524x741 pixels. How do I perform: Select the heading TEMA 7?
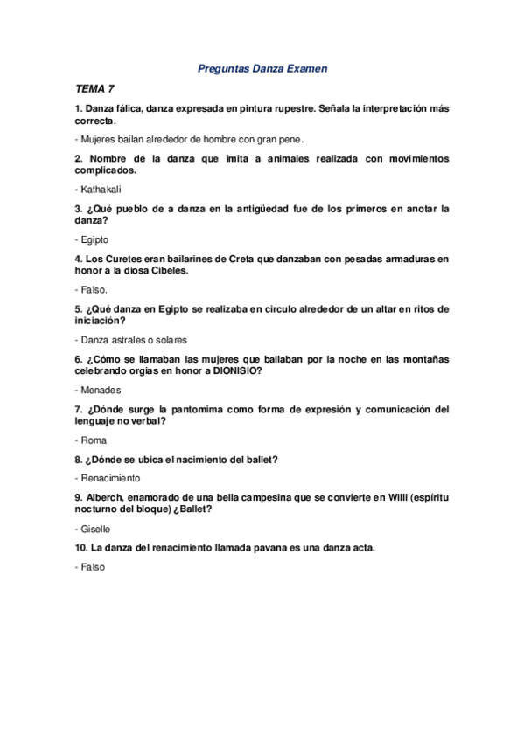94,89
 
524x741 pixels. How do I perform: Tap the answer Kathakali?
104,190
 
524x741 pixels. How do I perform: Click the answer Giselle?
95,529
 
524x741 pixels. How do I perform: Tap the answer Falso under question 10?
93,567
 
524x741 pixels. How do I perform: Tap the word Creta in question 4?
244,259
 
